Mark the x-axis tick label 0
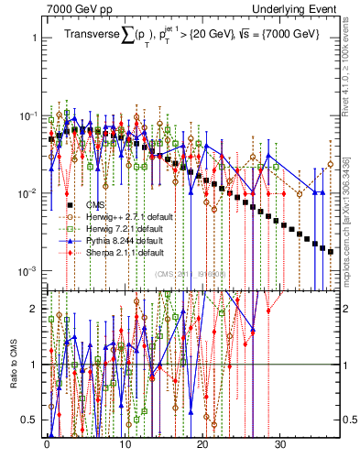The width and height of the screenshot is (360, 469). tap(47, 449)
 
